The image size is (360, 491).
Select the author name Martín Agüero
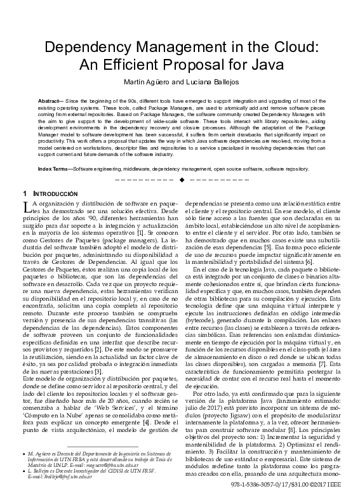click(x=149, y=81)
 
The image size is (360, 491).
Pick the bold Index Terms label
click(x=55, y=169)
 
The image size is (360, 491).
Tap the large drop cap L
click(x=25, y=205)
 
